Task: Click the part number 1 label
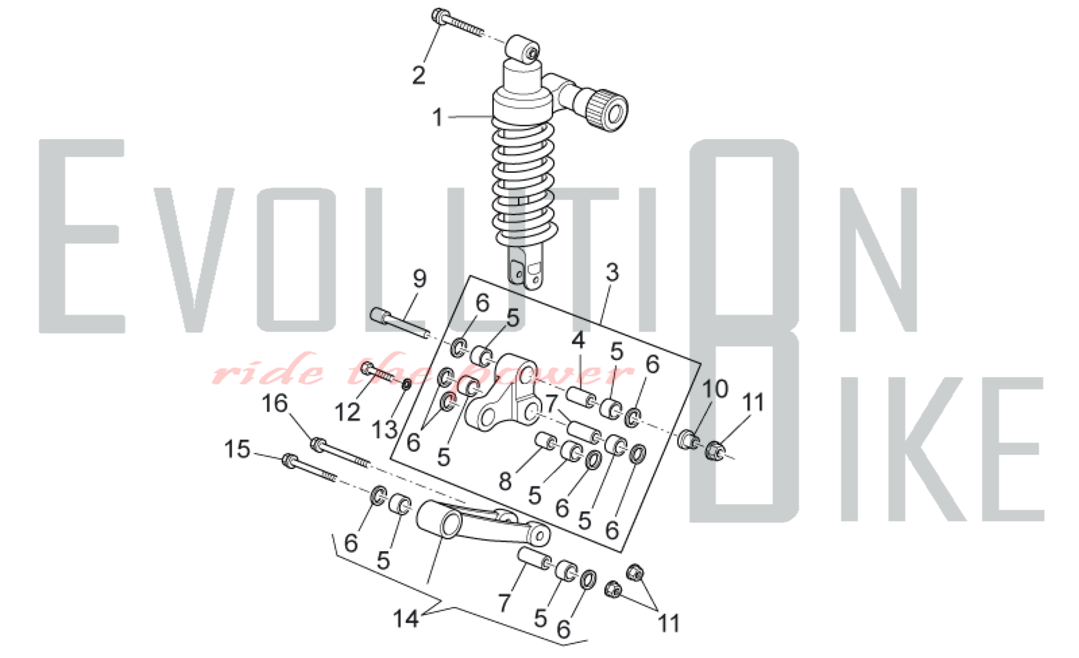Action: coord(438,117)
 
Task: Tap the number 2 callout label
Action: coord(419,75)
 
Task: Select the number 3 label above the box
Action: coord(612,272)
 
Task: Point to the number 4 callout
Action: coord(578,340)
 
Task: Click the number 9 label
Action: coord(419,278)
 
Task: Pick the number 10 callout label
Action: coord(715,388)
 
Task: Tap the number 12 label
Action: coord(347,413)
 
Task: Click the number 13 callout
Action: coord(385,430)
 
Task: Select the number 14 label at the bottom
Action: coord(406,619)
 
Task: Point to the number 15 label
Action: coord(237,449)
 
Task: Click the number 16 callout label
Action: coord(275,403)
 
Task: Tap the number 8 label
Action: coord(505,481)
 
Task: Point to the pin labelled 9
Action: coord(399,323)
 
